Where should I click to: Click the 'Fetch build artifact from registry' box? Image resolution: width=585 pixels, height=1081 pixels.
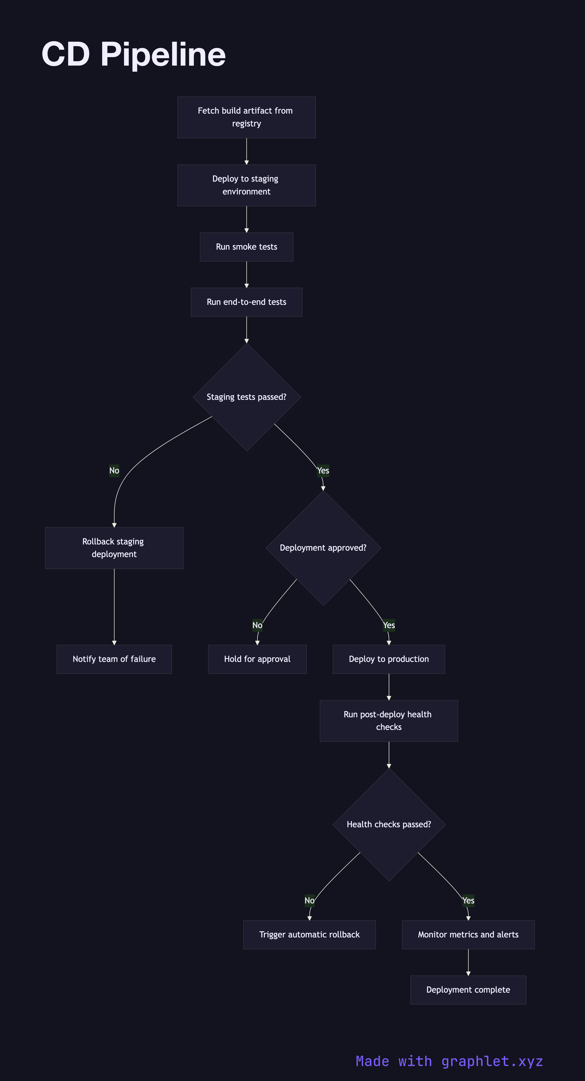click(246, 117)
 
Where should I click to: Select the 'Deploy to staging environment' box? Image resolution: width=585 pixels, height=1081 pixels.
click(246, 185)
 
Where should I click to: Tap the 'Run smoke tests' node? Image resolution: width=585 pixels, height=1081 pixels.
click(246, 247)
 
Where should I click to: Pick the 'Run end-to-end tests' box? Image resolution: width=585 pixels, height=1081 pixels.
click(246, 302)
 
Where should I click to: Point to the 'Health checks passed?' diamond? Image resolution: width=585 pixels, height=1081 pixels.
click(389, 824)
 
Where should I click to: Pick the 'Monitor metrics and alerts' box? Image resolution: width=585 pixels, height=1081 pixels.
click(468, 934)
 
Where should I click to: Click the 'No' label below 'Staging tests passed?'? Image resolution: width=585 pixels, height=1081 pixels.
click(114, 470)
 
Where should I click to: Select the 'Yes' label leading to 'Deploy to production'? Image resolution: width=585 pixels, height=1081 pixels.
click(389, 625)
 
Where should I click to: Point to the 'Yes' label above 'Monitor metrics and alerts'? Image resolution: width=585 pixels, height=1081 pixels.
click(468, 901)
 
